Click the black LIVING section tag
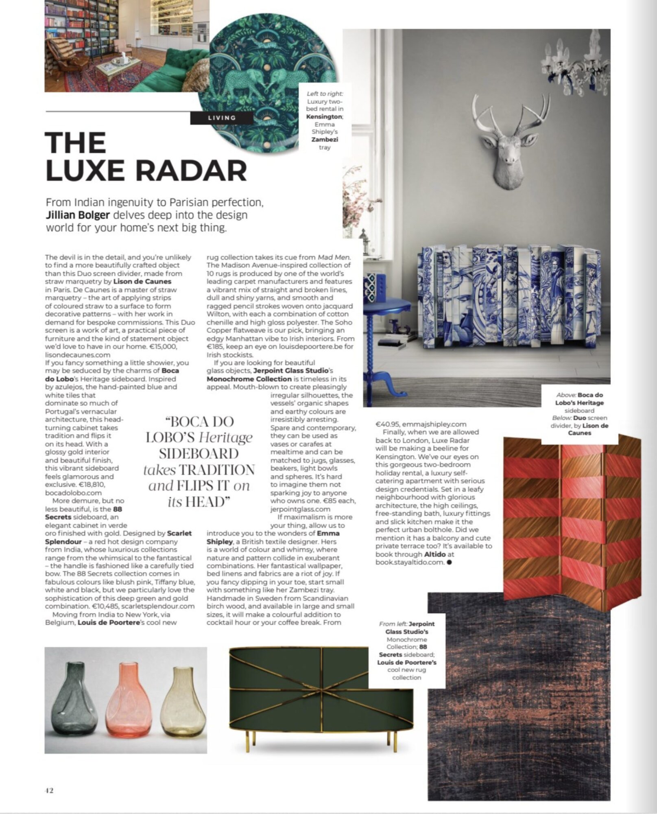pyautogui.click(x=222, y=118)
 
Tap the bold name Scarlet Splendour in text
pyautogui.click(x=118, y=537)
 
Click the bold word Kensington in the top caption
pyautogui.click(x=324, y=116)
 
